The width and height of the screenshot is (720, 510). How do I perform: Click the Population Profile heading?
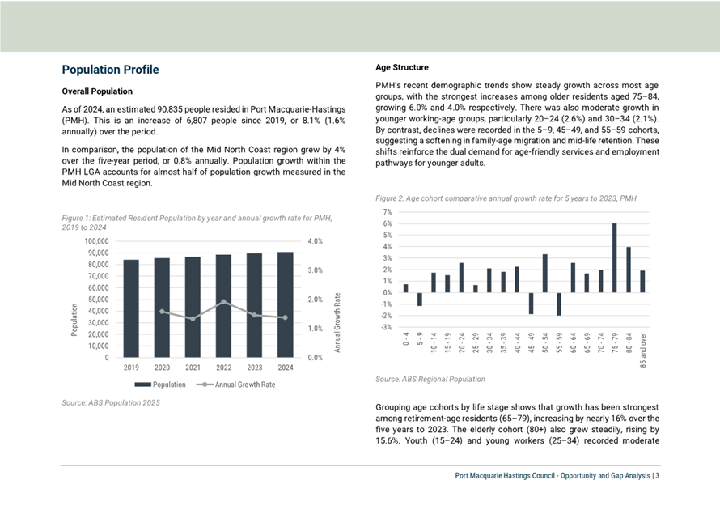pos(110,70)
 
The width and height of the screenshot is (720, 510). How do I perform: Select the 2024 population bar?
pos(285,304)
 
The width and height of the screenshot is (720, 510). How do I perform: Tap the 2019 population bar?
pos(131,308)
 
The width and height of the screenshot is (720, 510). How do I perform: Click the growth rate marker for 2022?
pos(223,302)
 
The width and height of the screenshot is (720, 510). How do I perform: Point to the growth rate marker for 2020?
pos(162,312)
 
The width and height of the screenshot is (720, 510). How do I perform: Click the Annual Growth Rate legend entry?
pos(235,385)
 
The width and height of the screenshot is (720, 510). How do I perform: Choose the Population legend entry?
pos(160,385)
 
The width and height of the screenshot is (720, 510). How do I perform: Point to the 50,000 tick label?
pos(95,300)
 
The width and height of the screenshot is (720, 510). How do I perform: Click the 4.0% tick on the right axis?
pos(315,241)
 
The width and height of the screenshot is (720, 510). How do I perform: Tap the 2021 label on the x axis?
pos(193,368)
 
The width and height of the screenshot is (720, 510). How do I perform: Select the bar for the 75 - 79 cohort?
pos(614,257)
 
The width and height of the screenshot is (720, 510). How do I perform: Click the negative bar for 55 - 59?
pos(559,304)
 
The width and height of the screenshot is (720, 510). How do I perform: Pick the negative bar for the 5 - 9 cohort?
pos(420,299)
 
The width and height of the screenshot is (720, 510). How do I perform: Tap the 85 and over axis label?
pos(643,350)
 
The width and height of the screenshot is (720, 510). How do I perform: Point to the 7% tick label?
pos(388,212)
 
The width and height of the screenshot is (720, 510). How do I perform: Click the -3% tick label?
pos(387,327)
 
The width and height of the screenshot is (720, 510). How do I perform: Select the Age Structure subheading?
pos(402,67)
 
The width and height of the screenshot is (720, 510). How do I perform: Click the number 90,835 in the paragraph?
pos(169,109)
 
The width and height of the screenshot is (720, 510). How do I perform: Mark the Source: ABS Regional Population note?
pos(430,379)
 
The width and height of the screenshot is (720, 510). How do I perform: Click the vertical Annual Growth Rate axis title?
pos(337,322)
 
